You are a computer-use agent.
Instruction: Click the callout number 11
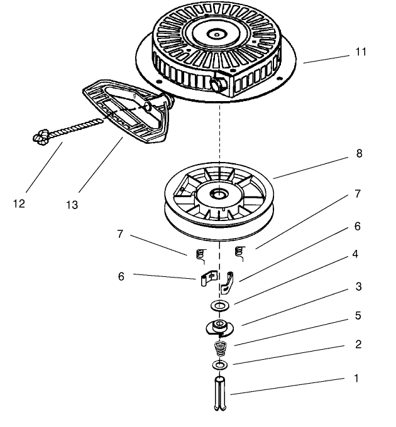coord(360,52)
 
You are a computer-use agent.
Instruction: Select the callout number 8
coord(359,153)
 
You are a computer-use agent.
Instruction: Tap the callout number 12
coord(19,204)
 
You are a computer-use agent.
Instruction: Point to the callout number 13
coord(72,205)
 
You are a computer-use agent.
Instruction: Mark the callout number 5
coord(358,315)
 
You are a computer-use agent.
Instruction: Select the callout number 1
coord(356,379)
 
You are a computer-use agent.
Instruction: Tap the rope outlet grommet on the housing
coord(219,84)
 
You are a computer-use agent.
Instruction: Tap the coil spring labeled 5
coord(221,347)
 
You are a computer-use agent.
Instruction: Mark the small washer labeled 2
coord(220,365)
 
